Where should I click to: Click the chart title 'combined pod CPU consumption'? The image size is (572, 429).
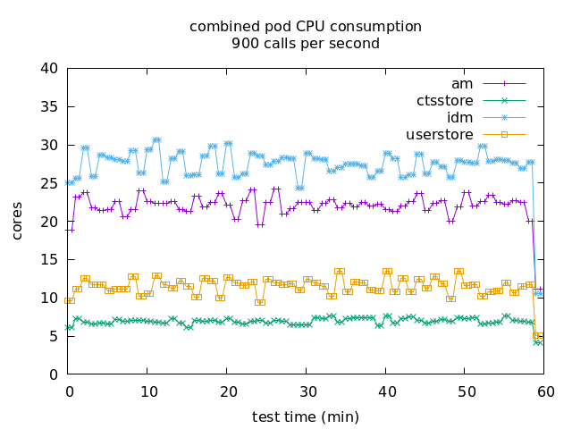point(305,27)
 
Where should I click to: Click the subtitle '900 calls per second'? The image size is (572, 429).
point(305,43)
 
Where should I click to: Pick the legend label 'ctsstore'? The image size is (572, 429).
point(444,100)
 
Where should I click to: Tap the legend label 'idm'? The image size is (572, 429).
point(459,117)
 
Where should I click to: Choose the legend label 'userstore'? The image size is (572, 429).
point(439,135)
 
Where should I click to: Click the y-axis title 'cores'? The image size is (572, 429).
point(17,221)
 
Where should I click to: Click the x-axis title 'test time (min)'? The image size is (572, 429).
point(305,416)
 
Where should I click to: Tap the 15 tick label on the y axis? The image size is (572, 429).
point(49,260)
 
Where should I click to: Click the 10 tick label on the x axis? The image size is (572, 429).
point(148,391)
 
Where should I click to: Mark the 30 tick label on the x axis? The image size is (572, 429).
point(307,391)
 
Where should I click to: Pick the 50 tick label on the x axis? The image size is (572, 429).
point(466,391)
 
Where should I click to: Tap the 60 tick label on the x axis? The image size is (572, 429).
point(545,391)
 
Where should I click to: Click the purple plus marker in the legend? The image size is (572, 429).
point(504,83)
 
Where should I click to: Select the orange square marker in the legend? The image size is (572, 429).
point(504,135)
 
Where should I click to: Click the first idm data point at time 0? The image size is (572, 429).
point(70,182)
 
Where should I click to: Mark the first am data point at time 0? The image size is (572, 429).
point(70,230)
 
